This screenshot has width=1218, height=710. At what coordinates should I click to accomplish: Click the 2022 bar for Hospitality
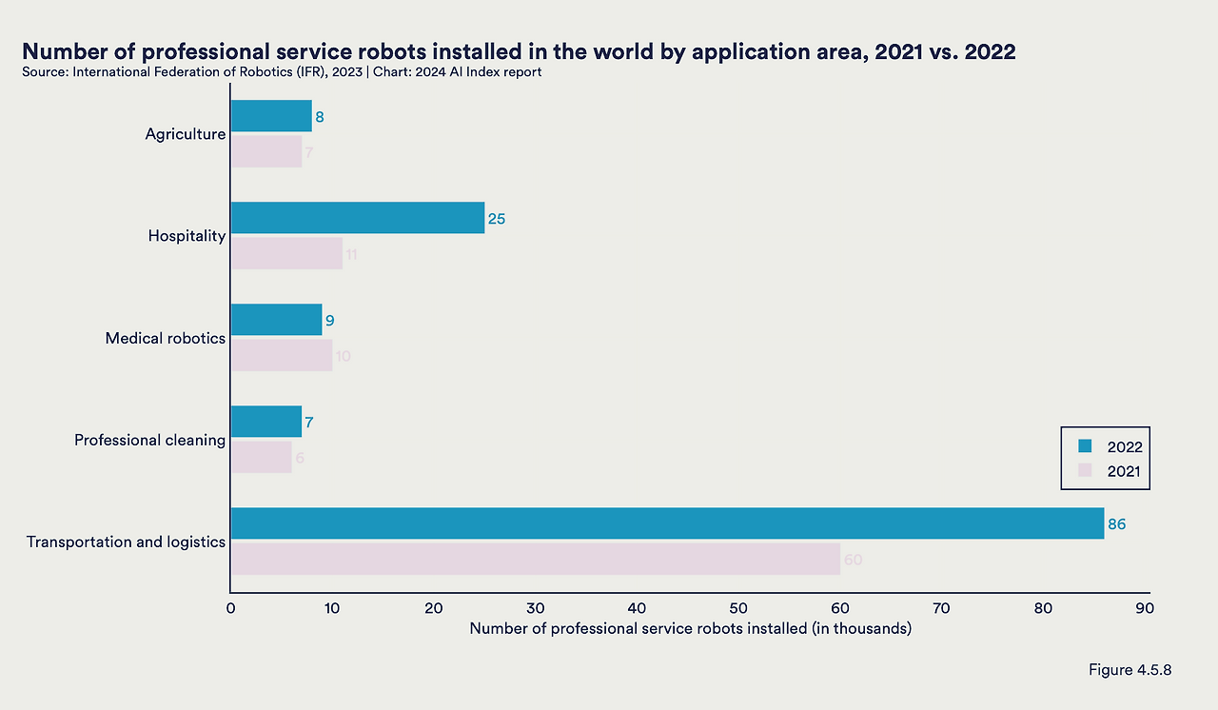pyautogui.click(x=358, y=218)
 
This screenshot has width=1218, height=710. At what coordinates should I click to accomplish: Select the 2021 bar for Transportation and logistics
pyautogui.click(x=535, y=559)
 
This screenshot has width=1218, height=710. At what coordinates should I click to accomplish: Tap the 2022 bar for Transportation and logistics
pyautogui.click(x=667, y=523)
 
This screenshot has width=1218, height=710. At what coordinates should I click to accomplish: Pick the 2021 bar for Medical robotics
pyautogui.click(x=282, y=355)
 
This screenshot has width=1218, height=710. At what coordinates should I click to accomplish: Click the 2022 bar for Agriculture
pyautogui.click(x=271, y=116)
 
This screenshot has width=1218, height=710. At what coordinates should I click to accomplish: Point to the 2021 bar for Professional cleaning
pyautogui.click(x=262, y=457)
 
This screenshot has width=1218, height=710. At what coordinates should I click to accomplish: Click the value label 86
pyautogui.click(x=1116, y=523)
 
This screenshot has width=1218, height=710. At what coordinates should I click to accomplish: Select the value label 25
pyautogui.click(x=496, y=219)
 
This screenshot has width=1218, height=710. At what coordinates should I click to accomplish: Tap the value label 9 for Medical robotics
pyautogui.click(x=329, y=321)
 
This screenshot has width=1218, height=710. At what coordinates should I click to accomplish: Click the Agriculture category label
pyautogui.click(x=186, y=134)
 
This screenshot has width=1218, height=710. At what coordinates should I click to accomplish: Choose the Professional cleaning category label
pyautogui.click(x=150, y=440)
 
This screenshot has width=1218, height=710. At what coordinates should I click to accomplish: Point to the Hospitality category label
pyautogui.click(x=187, y=236)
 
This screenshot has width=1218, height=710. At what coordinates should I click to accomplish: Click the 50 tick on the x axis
pyautogui.click(x=738, y=608)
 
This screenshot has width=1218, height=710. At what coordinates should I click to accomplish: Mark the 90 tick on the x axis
pyautogui.click(x=1145, y=608)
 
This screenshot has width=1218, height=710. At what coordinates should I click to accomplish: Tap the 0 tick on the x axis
pyautogui.click(x=231, y=608)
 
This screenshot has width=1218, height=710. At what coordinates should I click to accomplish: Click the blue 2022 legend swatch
pyautogui.click(x=1084, y=445)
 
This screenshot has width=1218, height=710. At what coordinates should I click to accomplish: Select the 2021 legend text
pyautogui.click(x=1123, y=471)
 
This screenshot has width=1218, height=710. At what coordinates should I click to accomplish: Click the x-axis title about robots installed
pyautogui.click(x=690, y=629)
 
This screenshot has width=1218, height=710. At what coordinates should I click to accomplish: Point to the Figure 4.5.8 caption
pyautogui.click(x=1130, y=670)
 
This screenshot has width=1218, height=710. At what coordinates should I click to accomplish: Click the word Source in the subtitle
pyautogui.click(x=43, y=72)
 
